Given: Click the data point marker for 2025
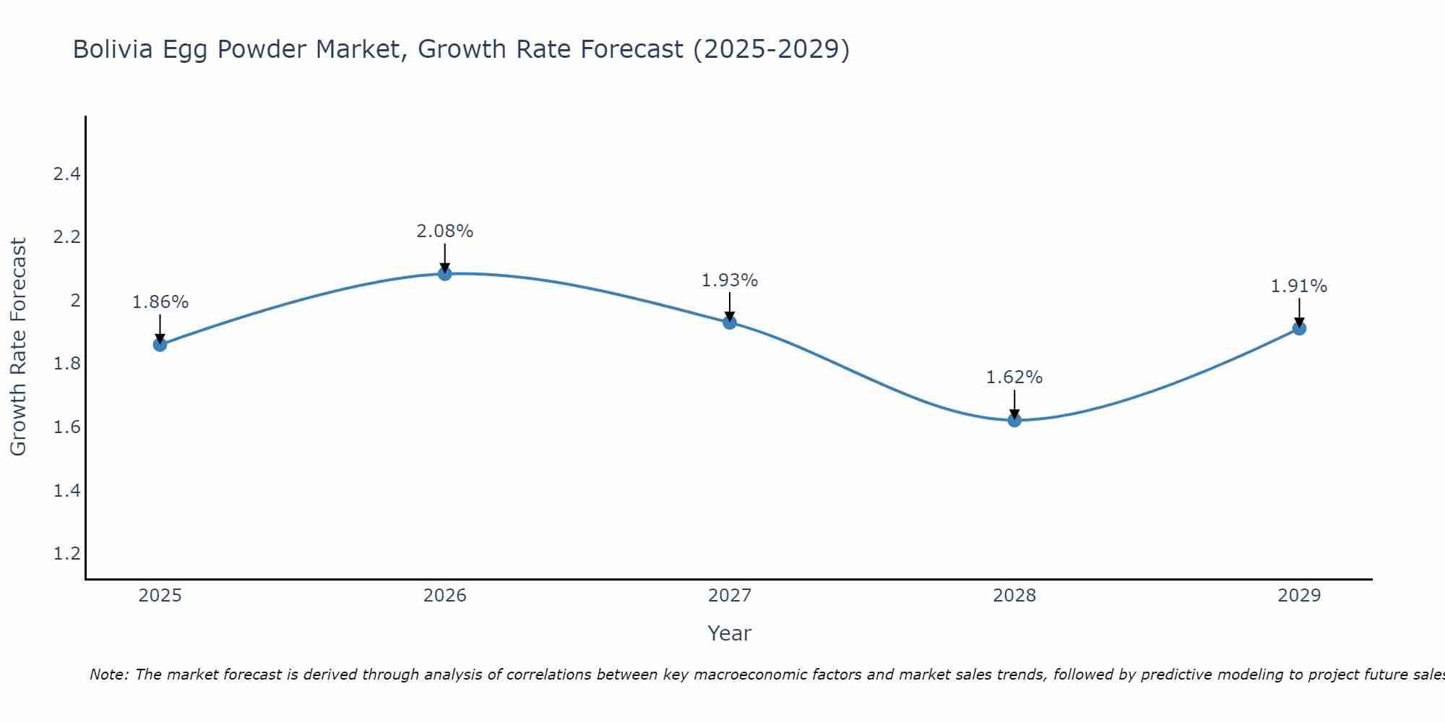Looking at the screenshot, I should [x=160, y=345].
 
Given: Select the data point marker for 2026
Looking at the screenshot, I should [x=445, y=274].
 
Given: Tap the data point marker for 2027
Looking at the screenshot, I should [x=730, y=322].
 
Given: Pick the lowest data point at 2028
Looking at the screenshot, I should [x=1014, y=420].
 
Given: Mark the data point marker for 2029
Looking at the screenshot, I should [x=1299, y=328].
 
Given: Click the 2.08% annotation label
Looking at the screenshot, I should [x=445, y=231].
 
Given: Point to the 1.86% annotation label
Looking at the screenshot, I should [x=160, y=302].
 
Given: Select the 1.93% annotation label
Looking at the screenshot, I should [x=730, y=281].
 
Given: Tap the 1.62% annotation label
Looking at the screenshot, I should [x=1014, y=377].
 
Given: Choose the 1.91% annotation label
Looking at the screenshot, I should [x=1299, y=286].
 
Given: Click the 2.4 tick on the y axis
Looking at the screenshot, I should [x=67, y=174].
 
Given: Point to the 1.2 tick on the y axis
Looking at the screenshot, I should [x=67, y=554].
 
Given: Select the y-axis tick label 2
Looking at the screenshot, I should [x=75, y=301].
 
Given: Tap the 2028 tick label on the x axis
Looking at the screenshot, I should [x=1014, y=596].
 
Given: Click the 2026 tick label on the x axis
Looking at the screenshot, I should [x=445, y=596].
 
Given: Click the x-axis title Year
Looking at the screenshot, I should [x=730, y=633].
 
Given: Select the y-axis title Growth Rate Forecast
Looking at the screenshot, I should [x=19, y=347].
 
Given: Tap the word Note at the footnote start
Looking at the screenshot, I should [x=108, y=675].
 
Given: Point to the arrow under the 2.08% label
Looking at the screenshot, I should [x=445, y=258].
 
